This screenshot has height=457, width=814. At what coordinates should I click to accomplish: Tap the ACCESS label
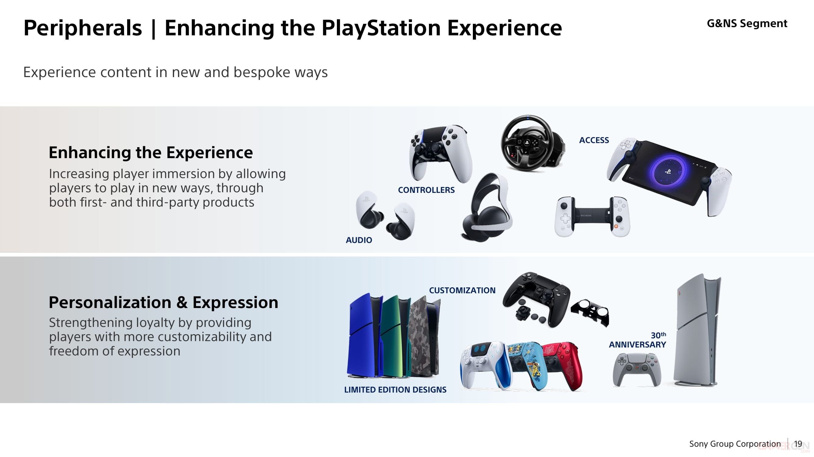pyautogui.click(x=594, y=140)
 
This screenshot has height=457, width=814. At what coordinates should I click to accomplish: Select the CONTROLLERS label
pyautogui.click(x=426, y=190)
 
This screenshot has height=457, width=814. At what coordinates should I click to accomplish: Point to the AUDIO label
pyautogui.click(x=359, y=240)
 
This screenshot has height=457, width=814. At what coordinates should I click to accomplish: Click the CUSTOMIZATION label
pyautogui.click(x=462, y=290)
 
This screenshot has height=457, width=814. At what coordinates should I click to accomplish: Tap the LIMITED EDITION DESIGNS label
pyautogui.click(x=395, y=390)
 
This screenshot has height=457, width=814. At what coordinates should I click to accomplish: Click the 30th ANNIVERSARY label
pyautogui.click(x=637, y=340)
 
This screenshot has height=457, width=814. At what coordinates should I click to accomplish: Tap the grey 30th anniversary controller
pyautogui.click(x=636, y=369)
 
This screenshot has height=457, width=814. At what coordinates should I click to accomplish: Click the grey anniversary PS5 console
pyautogui.click(x=697, y=330)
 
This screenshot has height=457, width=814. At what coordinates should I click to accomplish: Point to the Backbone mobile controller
pyautogui.click(x=592, y=217)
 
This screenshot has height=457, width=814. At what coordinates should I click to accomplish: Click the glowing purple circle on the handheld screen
pyautogui.click(x=668, y=171)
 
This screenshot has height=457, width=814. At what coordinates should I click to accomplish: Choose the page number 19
pyautogui.click(x=798, y=444)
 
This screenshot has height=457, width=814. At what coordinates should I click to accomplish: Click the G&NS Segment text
pyautogui.click(x=747, y=23)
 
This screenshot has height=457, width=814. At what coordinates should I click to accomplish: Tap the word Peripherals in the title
pyautogui.click(x=83, y=28)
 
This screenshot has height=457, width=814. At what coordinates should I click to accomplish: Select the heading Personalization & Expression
pyautogui.click(x=163, y=302)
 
